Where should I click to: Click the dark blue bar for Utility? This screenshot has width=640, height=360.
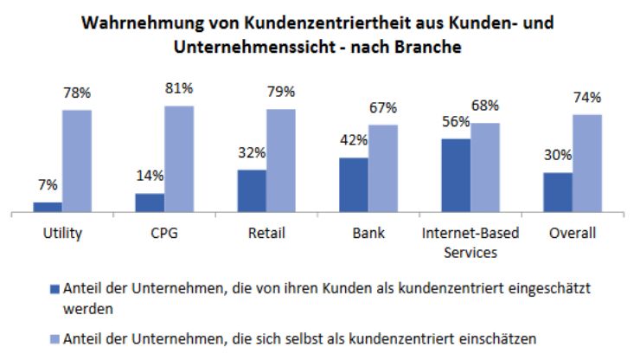tap(48, 206)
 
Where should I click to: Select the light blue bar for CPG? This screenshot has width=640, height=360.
tap(179, 158)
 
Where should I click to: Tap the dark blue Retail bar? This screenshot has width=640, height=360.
tap(251, 190)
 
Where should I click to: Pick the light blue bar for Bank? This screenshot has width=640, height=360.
tap(382, 168)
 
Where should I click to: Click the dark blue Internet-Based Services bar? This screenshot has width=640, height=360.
tap(456, 175)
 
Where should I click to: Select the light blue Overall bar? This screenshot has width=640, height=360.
tap(586, 163)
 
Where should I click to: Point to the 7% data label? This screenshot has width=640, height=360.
tap(48, 184)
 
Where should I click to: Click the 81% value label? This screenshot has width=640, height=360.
tap(180, 88)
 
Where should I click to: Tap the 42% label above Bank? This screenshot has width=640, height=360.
tap(353, 140)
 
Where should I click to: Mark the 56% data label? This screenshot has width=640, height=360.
tap(455, 122)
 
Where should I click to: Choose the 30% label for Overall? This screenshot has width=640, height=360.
tap(557, 156)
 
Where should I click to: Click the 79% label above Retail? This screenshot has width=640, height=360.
tap(281, 92)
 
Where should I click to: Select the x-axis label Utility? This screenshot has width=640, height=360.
tap(62, 233)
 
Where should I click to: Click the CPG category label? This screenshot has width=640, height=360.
tap(163, 233)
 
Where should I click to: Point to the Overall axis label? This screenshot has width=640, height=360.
tap(571, 233)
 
